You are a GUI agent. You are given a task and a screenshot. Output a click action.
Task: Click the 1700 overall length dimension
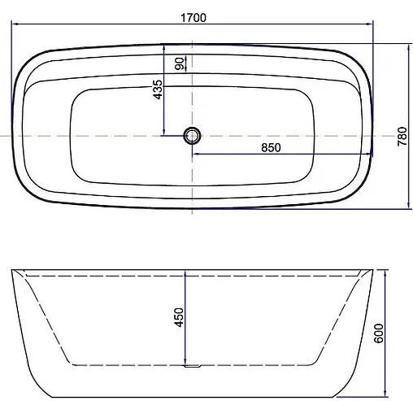[x=193, y=17]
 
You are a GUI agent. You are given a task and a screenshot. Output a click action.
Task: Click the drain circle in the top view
[x=193, y=136]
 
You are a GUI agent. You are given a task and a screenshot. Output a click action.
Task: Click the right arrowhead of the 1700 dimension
[x=370, y=25]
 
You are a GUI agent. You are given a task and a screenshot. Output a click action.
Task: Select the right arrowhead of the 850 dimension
[x=369, y=153]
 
